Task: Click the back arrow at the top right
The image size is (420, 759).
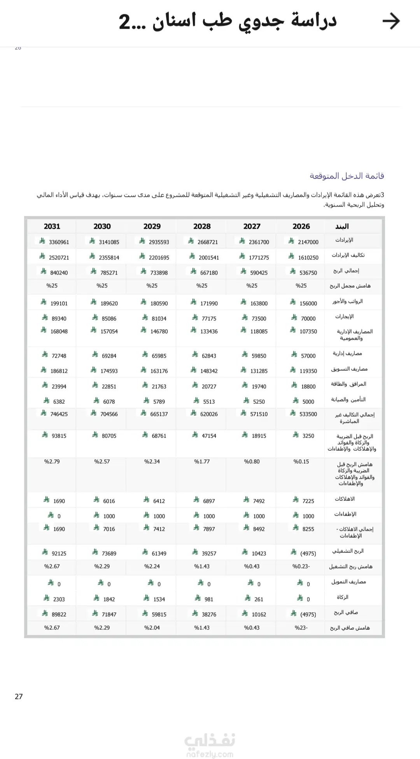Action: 391,21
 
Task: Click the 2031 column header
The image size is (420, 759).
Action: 52,226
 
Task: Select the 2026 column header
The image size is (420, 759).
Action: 301,226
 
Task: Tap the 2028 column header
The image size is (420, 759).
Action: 202,226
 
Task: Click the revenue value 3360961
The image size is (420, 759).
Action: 59,242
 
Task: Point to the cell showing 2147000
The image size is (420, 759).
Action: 308,242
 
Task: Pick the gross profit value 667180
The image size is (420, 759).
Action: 209,273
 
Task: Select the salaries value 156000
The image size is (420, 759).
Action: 308,304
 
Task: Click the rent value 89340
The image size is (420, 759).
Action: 59,319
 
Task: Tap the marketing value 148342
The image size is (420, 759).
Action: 209,371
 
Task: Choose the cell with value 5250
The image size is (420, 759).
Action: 259,402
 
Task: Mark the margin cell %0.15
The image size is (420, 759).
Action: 301,462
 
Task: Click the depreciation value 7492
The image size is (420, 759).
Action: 259,501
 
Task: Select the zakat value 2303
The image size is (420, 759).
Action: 59,599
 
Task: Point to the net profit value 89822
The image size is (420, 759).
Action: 59,615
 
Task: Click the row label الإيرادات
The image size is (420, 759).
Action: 344,240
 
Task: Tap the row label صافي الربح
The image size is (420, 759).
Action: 346,613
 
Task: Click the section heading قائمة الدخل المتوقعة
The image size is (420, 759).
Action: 347,176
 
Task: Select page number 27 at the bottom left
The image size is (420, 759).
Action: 19,696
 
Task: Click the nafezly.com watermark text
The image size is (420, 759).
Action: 210,755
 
